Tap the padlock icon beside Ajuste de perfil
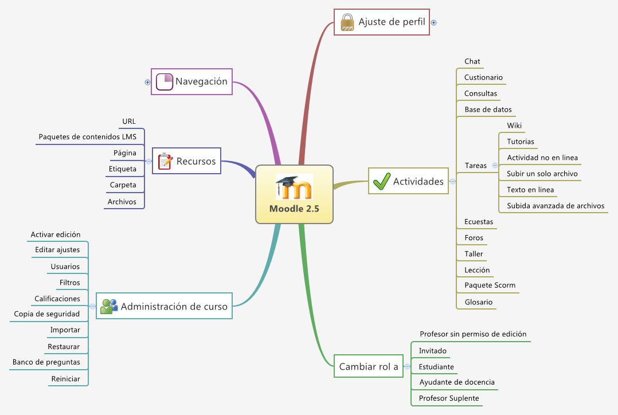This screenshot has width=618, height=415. pyautogui.click(x=347, y=22)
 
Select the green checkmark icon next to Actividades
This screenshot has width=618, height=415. pyautogui.click(x=381, y=181)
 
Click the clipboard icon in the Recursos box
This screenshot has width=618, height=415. pyautogui.click(x=165, y=161)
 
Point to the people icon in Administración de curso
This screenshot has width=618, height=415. pyautogui.click(x=108, y=306)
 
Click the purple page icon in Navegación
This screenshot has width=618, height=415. pyautogui.click(x=165, y=81)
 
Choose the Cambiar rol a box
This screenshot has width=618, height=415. pyautogui.click(x=368, y=366)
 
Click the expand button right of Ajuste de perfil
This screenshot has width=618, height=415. pyautogui.click(x=434, y=23)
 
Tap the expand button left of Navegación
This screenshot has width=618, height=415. pyautogui.click(x=147, y=82)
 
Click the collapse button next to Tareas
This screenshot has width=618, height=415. pyautogui.click(x=495, y=165)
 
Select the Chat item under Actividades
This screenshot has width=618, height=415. pyautogui.click(x=472, y=61)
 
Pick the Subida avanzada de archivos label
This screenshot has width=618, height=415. pyautogui.click(x=555, y=206)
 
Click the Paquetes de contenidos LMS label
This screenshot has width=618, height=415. pyautogui.click(x=87, y=136)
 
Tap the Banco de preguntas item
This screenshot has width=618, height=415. pyautogui.click(x=46, y=362)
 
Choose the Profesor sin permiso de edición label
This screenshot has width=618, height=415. pyautogui.click(x=472, y=334)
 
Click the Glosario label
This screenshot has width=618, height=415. pyautogui.click(x=478, y=302)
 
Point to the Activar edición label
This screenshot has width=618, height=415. pyautogui.click(x=56, y=234)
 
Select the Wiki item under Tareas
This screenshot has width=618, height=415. pyautogui.click(x=514, y=126)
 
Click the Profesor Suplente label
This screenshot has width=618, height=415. pyautogui.click(x=448, y=398)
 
